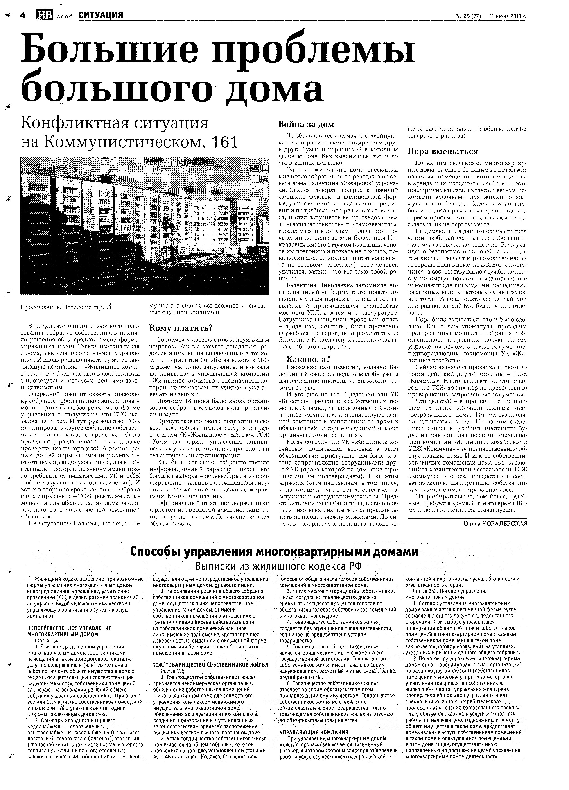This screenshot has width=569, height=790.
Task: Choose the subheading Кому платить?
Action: coord(181,328)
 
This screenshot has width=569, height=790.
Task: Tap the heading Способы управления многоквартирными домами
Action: coord(274,552)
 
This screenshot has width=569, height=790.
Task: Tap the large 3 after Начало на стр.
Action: coord(109,306)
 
